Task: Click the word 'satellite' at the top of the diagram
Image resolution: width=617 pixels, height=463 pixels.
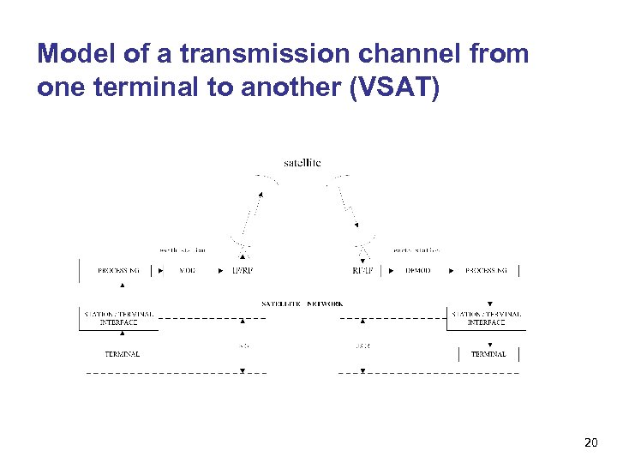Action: [302, 162]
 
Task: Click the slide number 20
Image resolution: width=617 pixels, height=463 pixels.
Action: [590, 442]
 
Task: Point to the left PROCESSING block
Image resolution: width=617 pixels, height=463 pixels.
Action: [118, 270]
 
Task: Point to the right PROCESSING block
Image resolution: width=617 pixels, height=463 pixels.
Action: [486, 270]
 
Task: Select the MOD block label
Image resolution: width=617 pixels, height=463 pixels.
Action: [187, 270]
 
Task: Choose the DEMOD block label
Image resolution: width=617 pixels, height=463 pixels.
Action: [418, 270]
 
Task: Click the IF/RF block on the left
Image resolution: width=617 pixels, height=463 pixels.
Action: [243, 270]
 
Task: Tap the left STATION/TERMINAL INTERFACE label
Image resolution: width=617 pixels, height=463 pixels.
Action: [118, 318]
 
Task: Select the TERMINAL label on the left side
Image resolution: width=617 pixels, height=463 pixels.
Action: [122, 353]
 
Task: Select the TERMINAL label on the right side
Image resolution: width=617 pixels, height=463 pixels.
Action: [488, 353]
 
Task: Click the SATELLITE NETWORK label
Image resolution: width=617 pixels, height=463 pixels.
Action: [302, 304]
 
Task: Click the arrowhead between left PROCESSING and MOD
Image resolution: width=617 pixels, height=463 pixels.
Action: [163, 270]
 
